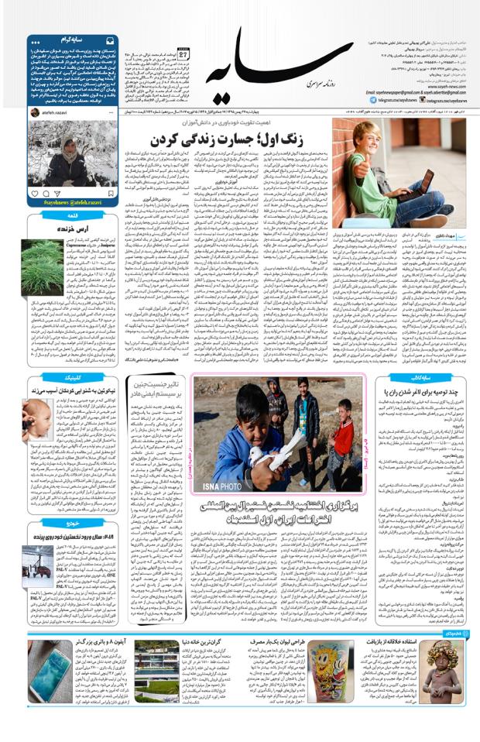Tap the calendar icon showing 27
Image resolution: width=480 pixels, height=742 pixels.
coord(183,55)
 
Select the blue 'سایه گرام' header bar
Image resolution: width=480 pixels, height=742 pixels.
coord(73,40)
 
